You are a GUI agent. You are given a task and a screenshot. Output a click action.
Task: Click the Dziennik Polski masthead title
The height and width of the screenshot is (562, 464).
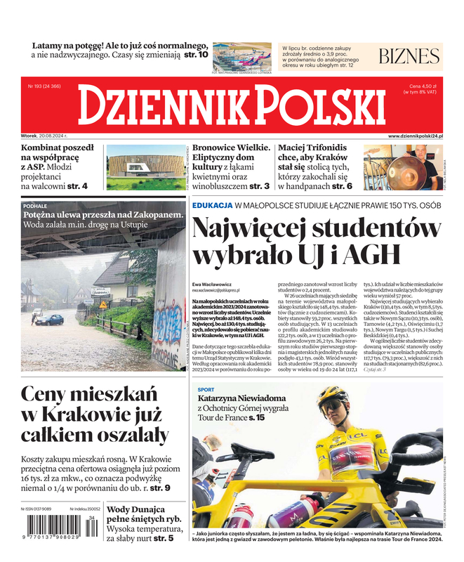(232, 105)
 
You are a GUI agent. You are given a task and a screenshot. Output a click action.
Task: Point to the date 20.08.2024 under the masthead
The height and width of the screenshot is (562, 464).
(59, 136)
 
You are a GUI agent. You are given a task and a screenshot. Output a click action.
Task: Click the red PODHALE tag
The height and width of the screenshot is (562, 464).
(35, 205)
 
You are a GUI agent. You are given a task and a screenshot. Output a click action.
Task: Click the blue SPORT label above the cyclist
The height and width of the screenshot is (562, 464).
(206, 389)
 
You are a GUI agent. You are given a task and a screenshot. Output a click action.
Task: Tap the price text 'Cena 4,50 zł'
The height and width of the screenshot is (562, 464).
(423, 86)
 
